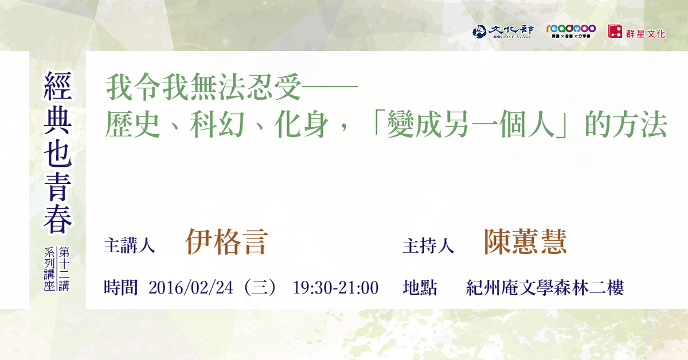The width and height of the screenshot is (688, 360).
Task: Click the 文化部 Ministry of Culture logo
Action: tap(503, 32)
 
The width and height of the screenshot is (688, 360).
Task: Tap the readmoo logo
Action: tap(570, 31)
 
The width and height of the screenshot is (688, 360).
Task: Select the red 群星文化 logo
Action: tap(636, 32)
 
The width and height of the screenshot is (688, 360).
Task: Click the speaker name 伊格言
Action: tap(226, 242)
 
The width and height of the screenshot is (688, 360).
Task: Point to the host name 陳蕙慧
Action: tap(525, 242)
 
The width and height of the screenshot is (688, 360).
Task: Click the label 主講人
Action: tap(130, 246)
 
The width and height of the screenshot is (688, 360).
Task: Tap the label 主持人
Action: tap(428, 246)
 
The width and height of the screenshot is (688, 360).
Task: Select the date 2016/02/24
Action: tap(191, 288)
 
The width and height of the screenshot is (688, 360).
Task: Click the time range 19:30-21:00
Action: tap(336, 288)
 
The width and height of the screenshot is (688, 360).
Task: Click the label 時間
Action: tap(121, 288)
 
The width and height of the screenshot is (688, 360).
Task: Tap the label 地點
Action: tap(420, 288)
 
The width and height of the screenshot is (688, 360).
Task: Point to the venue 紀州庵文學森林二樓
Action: tap(545, 288)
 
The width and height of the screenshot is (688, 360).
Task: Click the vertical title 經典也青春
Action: tap(58, 152)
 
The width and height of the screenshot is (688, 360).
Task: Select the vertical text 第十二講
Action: tap(64, 269)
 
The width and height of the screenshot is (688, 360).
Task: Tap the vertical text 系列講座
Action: tap(49, 269)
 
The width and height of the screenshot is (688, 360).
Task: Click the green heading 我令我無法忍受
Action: tap(204, 87)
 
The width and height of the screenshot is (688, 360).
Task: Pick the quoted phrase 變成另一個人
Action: tap(471, 124)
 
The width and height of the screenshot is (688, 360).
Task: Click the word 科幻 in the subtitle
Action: tap(217, 124)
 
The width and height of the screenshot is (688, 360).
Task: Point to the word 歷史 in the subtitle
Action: tap(132, 124)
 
